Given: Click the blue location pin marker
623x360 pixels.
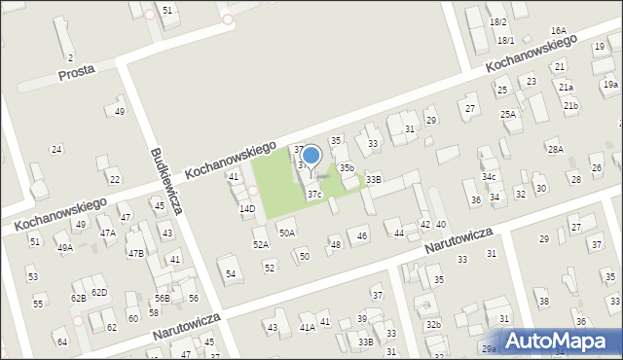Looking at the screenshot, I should point(311,155).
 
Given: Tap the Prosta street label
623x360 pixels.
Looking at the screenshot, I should point(76,74).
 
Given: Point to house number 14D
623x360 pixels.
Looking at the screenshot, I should point(247,208).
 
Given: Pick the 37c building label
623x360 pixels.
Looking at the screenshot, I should point(314,195).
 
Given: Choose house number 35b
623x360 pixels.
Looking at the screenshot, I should point(347,167).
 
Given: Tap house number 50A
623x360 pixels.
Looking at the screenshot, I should point(287,233).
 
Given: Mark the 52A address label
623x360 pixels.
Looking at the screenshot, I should point(261,244).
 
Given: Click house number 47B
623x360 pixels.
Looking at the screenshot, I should point(135,253).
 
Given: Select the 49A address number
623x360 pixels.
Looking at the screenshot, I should point(64,248).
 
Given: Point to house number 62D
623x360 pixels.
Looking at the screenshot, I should point(99,292).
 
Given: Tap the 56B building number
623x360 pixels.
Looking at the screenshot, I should point(163,299).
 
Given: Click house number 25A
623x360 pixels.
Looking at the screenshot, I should point(508,114).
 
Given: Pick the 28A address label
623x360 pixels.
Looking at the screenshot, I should point(555,149).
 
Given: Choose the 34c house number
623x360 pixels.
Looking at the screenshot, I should point(489,177).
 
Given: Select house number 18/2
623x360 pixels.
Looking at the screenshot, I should point(498,21).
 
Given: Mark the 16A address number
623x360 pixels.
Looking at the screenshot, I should point(558,31).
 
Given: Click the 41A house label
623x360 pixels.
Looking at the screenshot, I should point(307,328).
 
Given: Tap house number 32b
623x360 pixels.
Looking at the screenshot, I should point(433,324).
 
